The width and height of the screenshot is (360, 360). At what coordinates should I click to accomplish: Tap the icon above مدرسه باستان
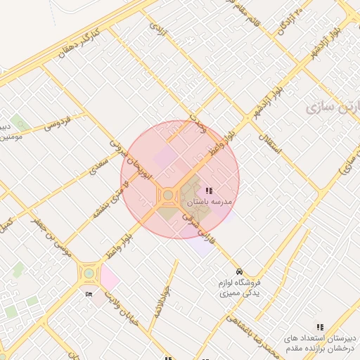[x=209, y=191]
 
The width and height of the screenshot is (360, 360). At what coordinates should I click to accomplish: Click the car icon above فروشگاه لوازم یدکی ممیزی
[x=240, y=271]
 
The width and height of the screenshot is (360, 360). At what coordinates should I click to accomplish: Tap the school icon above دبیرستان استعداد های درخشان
[x=321, y=327]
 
